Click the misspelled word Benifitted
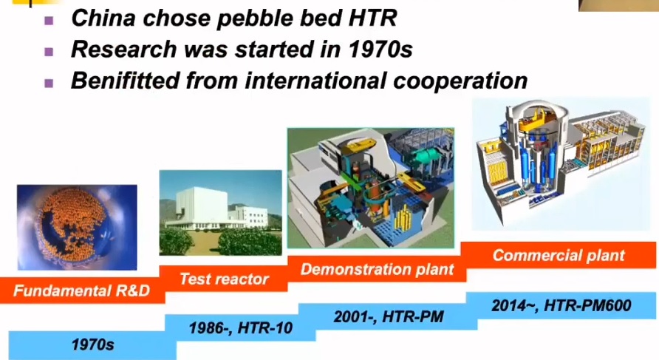[x=125, y=80]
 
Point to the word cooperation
[x=460, y=81]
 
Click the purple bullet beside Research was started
[x=49, y=52]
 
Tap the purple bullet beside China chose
[x=49, y=20]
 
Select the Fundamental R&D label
[x=81, y=291]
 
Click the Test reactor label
[x=224, y=279]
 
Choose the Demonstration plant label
[x=377, y=269]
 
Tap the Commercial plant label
[x=559, y=255]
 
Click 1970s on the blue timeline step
[x=92, y=345]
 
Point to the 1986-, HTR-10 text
[x=240, y=327]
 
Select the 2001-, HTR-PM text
[x=389, y=316]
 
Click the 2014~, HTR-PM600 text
[x=561, y=305]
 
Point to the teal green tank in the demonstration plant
[x=428, y=156]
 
